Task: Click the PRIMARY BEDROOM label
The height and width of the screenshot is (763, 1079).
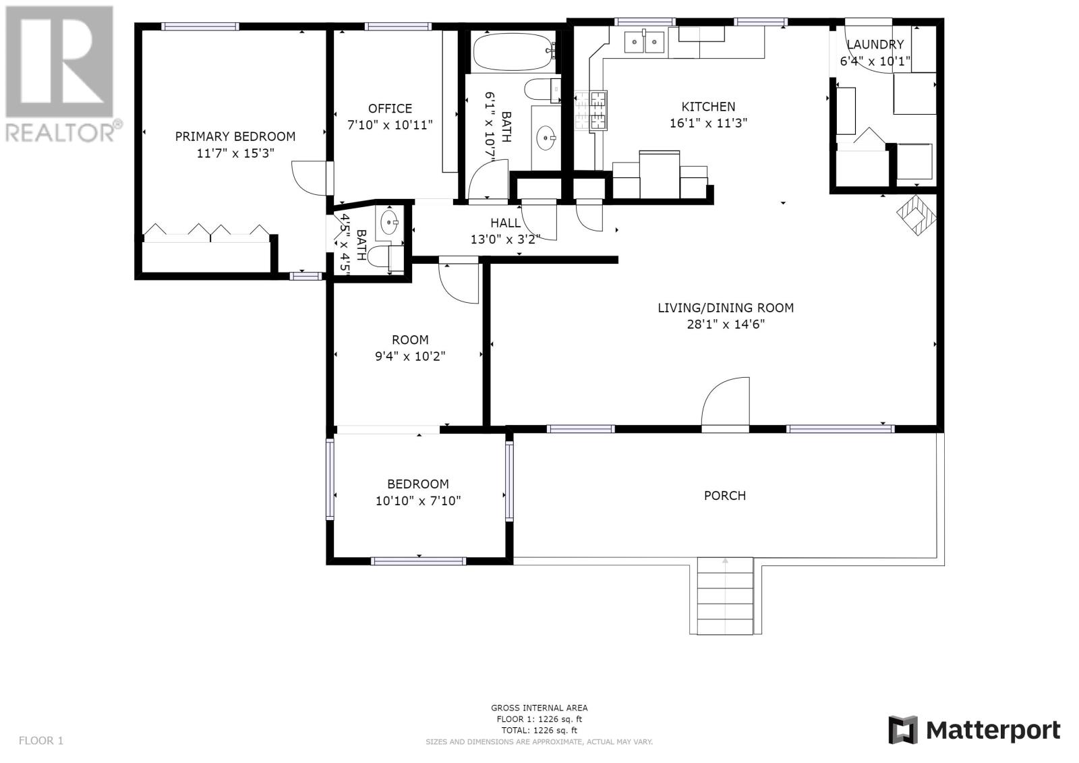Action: point(235,136)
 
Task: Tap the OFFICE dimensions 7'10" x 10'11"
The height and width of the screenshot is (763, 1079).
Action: point(390,125)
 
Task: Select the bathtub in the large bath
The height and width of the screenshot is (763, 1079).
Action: point(513,52)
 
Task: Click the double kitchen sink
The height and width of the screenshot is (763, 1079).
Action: point(644,42)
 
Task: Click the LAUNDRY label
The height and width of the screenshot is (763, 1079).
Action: point(875,45)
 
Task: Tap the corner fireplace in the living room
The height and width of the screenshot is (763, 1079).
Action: point(916,215)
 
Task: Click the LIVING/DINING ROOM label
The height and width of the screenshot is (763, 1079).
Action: point(726,308)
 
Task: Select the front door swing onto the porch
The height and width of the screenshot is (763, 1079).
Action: point(725,402)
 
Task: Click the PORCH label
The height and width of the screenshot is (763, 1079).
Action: point(724,495)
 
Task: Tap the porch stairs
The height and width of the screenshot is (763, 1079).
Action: point(725,596)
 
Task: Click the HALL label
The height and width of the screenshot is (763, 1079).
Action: point(505,223)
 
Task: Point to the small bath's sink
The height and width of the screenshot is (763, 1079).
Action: point(388,222)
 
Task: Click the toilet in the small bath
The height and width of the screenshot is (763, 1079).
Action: point(385,258)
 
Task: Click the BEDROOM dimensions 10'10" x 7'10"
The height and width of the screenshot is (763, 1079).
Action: point(418,501)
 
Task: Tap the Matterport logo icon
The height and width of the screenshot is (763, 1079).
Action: point(904,730)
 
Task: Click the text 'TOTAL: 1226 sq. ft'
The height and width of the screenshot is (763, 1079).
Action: point(539,730)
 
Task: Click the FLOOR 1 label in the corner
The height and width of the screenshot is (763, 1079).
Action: point(41,740)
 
